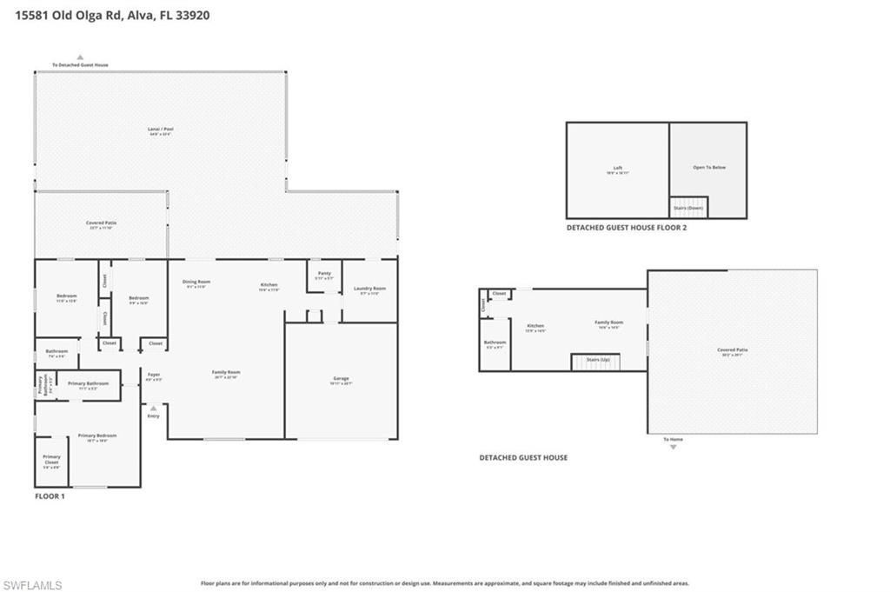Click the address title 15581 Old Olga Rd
click(112, 15)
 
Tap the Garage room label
click(341, 380)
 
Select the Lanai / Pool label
click(161, 131)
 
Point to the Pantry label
click(324, 275)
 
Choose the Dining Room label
click(196, 283)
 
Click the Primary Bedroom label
click(96, 437)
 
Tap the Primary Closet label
click(52, 462)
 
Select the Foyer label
click(153, 376)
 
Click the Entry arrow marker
click(154, 407)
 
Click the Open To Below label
click(708, 167)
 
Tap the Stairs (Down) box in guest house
click(688, 208)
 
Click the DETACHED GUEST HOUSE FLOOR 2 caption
click(627, 228)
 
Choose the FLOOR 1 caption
click(50, 496)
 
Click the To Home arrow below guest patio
click(673, 446)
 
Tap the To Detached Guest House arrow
click(80, 57)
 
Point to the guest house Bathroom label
click(495, 344)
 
